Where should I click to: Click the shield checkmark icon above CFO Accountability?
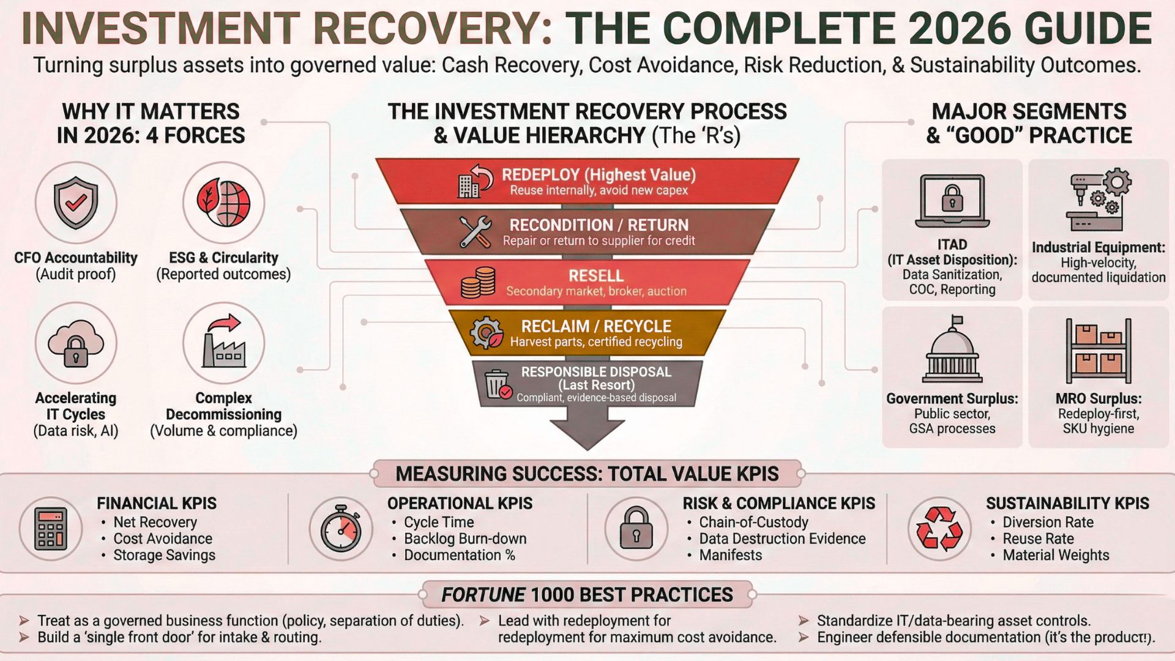click(x=76, y=203)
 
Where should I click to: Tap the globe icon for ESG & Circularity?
click(x=223, y=203)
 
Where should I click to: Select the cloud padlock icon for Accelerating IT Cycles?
click(x=76, y=343)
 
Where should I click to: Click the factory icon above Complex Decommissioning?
click(x=223, y=343)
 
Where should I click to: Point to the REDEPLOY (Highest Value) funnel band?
click(x=587, y=181)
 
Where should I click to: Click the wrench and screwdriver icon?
click(x=476, y=232)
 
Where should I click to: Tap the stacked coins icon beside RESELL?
click(x=478, y=283)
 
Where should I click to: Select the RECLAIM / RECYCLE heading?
click(x=596, y=326)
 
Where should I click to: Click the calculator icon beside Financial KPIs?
click(x=51, y=529)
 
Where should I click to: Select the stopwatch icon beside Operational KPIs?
click(x=341, y=528)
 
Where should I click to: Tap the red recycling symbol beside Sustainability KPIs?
click(x=939, y=529)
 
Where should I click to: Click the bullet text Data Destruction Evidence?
click(x=782, y=539)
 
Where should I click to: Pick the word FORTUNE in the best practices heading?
click(x=483, y=595)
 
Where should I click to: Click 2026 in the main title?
click(x=958, y=28)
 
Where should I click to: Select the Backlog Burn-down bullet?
click(x=465, y=539)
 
